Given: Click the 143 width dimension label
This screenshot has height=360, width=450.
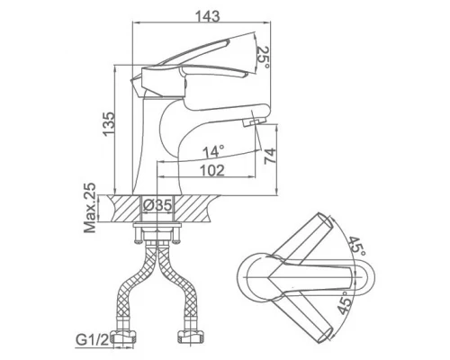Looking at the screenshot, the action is pyautogui.click(x=208, y=16).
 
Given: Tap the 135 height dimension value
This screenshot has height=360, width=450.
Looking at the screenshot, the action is pyautogui.click(x=108, y=124).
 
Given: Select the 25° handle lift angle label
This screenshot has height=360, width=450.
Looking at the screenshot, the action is pyautogui.click(x=263, y=58).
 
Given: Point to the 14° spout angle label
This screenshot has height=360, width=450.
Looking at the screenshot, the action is pyautogui.click(x=213, y=152).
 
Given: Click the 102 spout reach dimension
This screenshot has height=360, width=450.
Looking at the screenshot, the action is pyautogui.click(x=212, y=171).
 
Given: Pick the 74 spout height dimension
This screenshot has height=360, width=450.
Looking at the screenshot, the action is pyautogui.click(x=270, y=156).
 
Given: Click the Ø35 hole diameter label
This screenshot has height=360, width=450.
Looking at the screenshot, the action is pyautogui.click(x=157, y=205).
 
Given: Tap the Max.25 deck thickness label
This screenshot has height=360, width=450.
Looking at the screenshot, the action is pyautogui.click(x=90, y=208).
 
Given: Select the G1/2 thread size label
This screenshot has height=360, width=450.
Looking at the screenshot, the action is pyautogui.click(x=92, y=340).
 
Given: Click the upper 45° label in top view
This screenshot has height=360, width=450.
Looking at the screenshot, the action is pyautogui.click(x=357, y=246).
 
